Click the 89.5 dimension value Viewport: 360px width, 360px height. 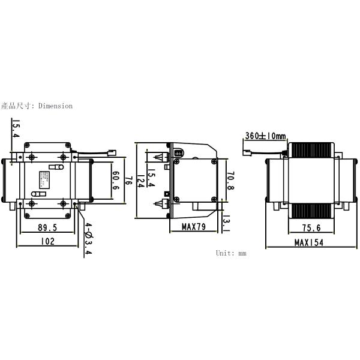click(x=47, y=228)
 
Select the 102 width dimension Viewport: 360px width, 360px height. click(x=47, y=241)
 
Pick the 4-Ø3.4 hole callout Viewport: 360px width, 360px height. click(x=88, y=239)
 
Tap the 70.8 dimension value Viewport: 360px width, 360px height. click(x=230, y=180)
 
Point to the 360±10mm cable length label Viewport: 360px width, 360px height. click(x=265, y=136)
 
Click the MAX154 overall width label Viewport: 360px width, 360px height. click(x=309, y=242)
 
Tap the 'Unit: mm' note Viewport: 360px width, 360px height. click(x=231, y=253)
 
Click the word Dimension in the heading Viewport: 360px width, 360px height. click(x=55, y=106)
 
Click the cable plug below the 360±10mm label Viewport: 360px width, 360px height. click(x=246, y=152)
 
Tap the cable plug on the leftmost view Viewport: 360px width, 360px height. click(x=112, y=151)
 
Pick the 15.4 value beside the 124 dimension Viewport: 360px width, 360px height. click(x=152, y=178)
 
